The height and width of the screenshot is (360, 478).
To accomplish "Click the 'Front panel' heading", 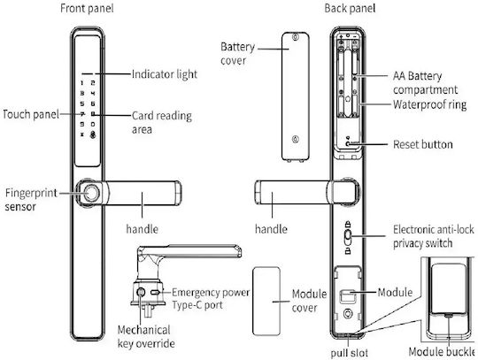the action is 87,8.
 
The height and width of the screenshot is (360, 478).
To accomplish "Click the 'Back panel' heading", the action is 350,8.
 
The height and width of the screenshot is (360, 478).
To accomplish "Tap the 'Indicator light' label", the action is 165,74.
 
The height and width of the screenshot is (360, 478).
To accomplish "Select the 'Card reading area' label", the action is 162,122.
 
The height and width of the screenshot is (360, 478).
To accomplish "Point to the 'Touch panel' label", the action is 31,114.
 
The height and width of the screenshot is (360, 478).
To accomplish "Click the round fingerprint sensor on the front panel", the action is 91,193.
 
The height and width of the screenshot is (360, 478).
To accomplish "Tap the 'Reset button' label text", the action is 423,144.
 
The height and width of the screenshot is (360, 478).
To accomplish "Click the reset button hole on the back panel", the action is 348,143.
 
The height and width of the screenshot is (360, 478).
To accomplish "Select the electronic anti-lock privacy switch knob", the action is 348,237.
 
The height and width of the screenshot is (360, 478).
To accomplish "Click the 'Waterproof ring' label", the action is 430,104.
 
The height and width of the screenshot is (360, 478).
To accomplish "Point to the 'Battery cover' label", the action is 237,54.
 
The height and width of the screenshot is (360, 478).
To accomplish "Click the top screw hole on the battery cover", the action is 295,37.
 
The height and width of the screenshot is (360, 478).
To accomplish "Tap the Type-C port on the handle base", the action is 156,293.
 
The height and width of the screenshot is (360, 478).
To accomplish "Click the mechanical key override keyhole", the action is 141,293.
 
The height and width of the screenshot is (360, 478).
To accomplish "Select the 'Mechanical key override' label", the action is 146,336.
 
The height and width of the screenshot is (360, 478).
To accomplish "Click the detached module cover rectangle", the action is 266,301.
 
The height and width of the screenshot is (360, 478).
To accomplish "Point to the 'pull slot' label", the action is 349,353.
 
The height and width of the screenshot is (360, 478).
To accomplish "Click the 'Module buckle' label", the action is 442,352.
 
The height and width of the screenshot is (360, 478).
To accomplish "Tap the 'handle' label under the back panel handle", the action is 271,229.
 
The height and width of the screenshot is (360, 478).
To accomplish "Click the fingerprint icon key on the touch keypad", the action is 93,134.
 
